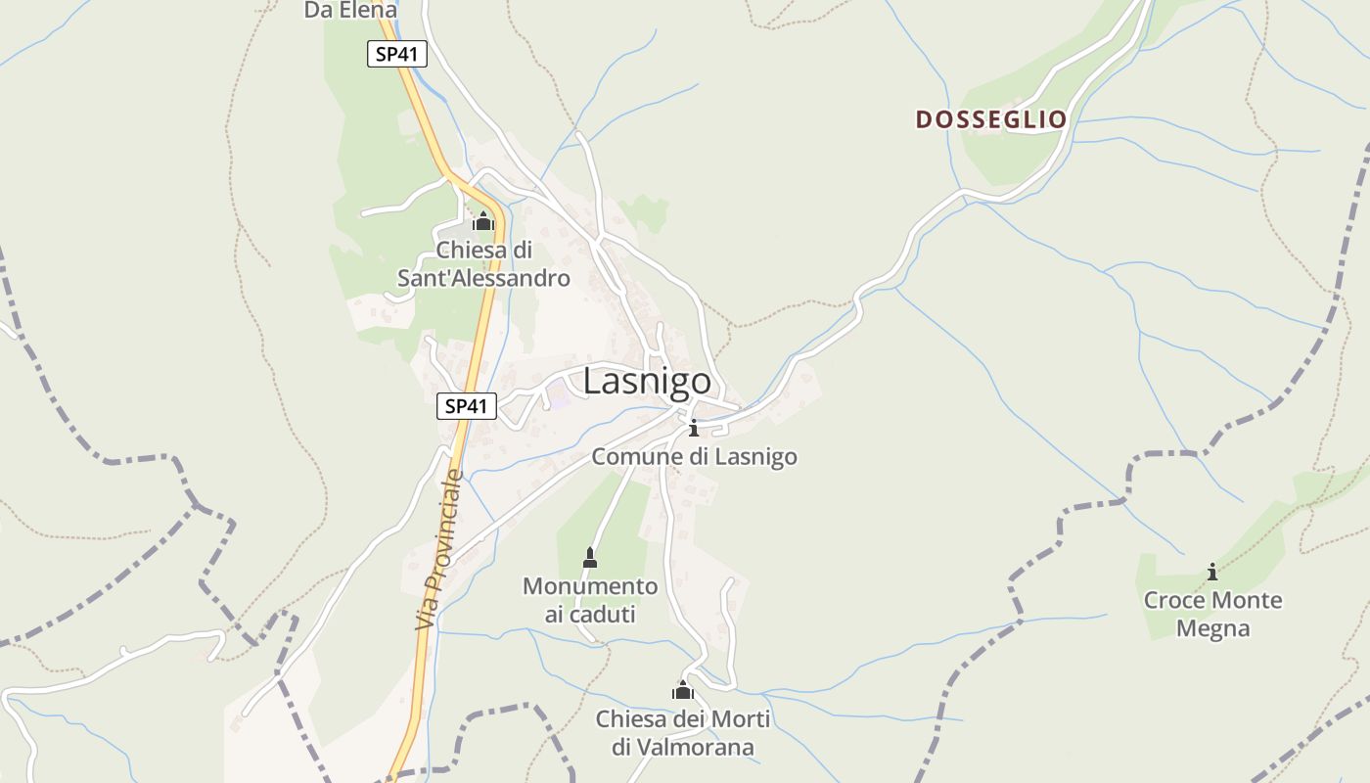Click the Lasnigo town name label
[646, 382]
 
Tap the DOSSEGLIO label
[990, 119]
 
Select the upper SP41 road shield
[397, 54]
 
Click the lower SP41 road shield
[467, 406]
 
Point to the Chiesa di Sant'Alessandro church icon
[482, 221]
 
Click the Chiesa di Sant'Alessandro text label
[483, 264]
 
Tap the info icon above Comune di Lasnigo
[694, 428]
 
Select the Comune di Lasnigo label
[694, 457]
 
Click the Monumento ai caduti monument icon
[589, 558]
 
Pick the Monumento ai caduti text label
[590, 600]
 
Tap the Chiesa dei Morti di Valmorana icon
[682, 691]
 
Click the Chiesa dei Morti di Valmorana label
[683, 734]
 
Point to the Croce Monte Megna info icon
[1212, 572]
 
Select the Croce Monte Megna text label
[1212, 614]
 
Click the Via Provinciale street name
[437, 550]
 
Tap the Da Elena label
[350, 11]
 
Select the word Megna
[1212, 628]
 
